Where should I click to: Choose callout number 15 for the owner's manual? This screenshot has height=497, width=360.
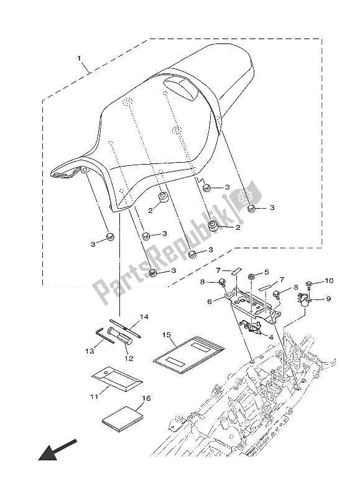coord(166,335)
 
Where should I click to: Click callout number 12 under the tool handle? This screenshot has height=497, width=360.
coord(129,358)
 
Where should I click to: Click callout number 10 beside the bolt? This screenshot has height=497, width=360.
coord(329,281)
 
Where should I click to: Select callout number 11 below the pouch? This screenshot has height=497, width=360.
coord(94,395)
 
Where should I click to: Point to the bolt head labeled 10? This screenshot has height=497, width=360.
coord(309,283)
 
